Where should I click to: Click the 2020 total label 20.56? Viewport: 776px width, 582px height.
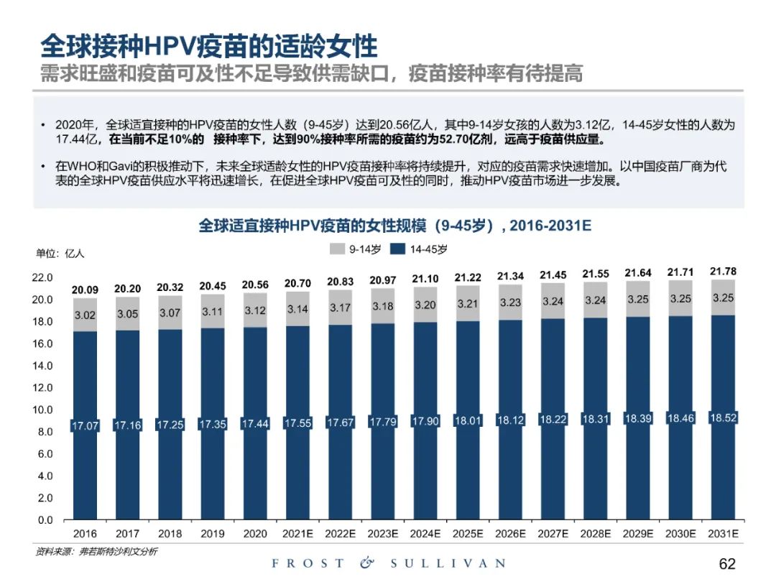tap(256, 285)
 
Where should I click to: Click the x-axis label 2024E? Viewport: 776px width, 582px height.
tap(425, 534)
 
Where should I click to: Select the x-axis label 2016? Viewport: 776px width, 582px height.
tap(85, 534)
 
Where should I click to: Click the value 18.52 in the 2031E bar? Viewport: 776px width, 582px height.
tap(723, 417)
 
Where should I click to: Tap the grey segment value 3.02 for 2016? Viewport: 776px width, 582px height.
tap(85, 314)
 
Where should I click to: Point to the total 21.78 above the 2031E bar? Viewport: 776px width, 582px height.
tap(723, 272)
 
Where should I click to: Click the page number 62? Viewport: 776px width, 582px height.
tap(727, 564)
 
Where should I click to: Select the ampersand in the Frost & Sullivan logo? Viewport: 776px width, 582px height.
tap(367, 563)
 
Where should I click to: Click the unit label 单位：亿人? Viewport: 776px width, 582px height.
tap(60, 253)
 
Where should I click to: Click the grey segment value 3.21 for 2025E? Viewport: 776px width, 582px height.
tap(468, 304)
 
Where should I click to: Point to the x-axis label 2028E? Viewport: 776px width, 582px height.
tap(595, 534)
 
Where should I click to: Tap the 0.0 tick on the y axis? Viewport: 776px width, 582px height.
tap(45, 520)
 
